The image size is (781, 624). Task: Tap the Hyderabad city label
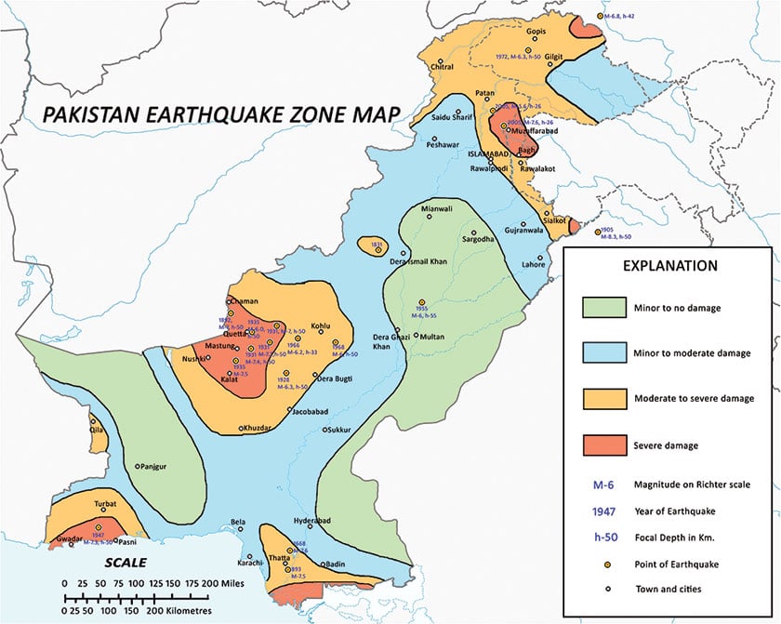311,521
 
